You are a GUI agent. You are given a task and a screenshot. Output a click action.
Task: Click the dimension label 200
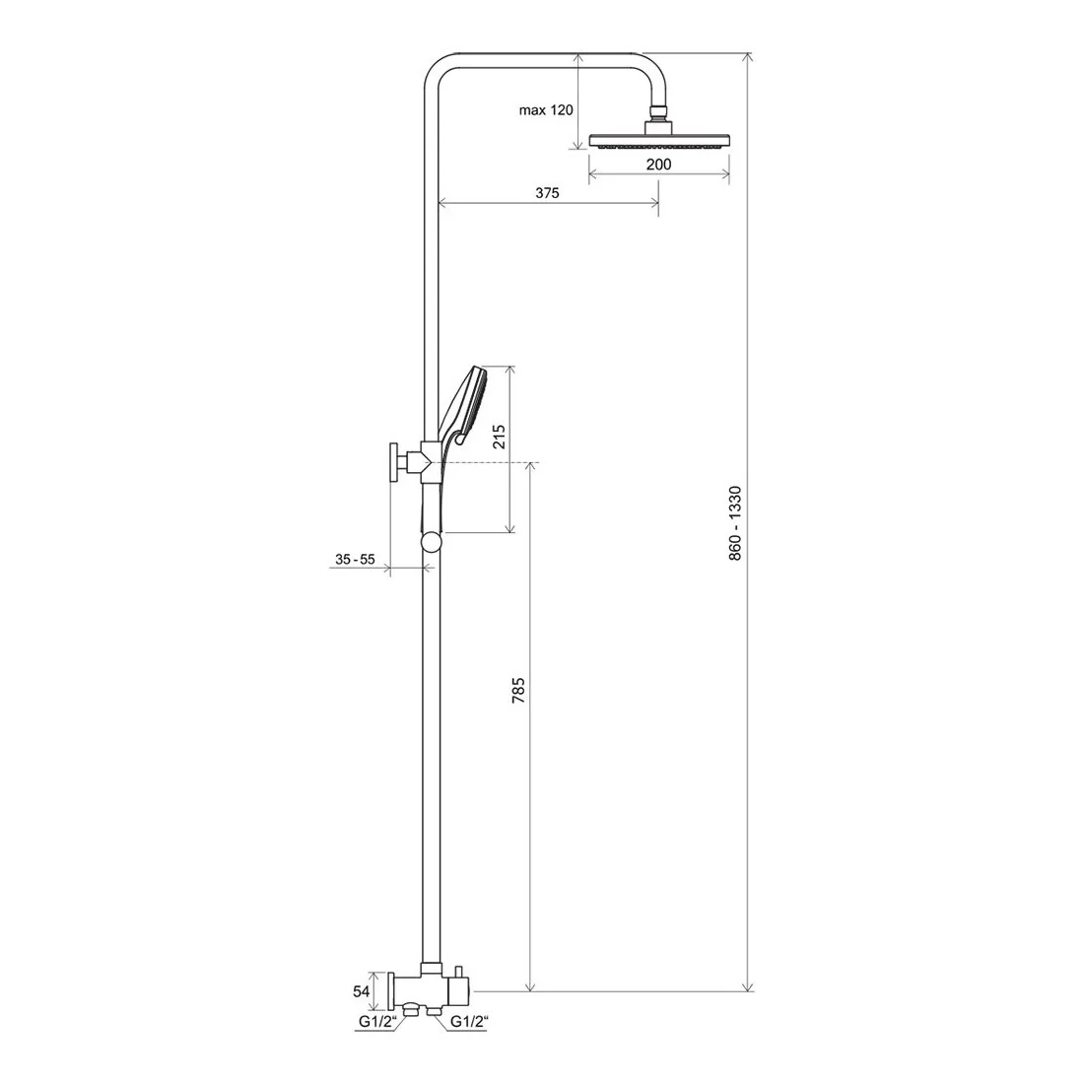tap(658, 165)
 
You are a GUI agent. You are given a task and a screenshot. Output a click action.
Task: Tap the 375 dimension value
tap(547, 193)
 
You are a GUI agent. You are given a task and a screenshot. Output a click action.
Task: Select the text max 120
tap(546, 110)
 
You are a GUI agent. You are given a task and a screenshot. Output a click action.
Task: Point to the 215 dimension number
tap(500, 437)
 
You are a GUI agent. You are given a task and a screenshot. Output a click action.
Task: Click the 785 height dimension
tap(518, 691)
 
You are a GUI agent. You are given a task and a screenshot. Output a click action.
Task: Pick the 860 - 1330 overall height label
tap(735, 522)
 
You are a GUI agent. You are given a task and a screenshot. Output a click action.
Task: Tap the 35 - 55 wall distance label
tap(355, 560)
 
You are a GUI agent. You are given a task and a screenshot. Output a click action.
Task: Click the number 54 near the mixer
tap(361, 991)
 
